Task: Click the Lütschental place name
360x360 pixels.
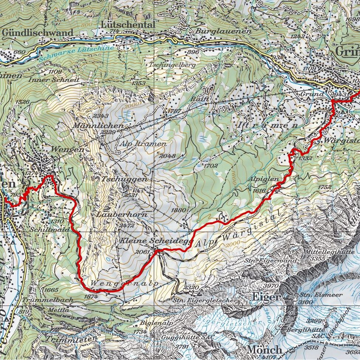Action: point(127,25)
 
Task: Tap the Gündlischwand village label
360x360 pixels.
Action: point(38,32)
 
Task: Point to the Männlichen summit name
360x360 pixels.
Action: point(98,126)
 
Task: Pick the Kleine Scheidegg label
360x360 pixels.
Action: point(157,241)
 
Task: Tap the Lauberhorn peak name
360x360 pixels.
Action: point(122,214)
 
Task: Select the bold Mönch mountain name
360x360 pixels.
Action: point(265,349)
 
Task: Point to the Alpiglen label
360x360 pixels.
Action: point(263,179)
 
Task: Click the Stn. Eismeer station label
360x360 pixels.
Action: point(316,295)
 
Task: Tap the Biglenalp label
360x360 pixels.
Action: point(152,322)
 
